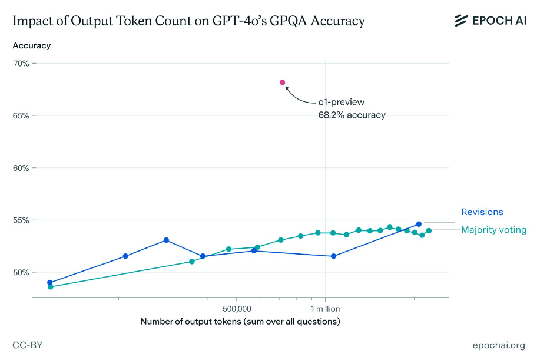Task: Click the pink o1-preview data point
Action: [x=283, y=82]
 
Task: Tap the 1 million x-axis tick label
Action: [x=325, y=308]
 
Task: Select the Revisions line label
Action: [x=482, y=212]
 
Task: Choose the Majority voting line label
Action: [x=493, y=230]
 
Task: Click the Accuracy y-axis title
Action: [x=31, y=45]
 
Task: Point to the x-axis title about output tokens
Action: [x=240, y=322]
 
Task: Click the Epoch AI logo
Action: [x=489, y=21]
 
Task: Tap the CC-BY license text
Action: [x=27, y=345]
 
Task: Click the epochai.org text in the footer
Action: [x=498, y=345]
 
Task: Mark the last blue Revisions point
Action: [x=419, y=224]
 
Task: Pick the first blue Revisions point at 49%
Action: [x=50, y=283]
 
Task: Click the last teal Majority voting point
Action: [x=429, y=230]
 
